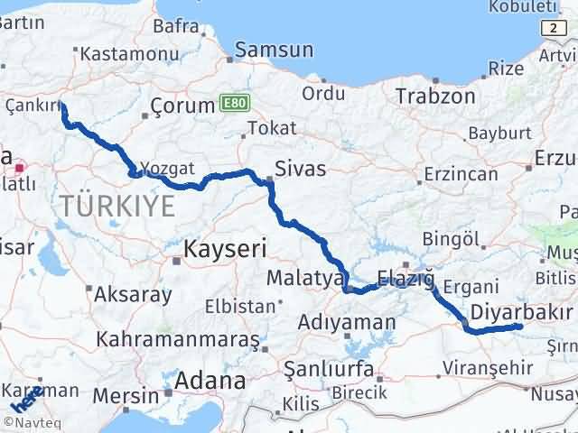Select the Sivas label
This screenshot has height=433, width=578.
point(301,168)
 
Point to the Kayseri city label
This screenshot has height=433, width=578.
point(224,248)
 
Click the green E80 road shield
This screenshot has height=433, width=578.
point(231,105)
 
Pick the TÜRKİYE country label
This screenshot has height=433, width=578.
point(118,207)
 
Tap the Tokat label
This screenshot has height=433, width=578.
point(272,128)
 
